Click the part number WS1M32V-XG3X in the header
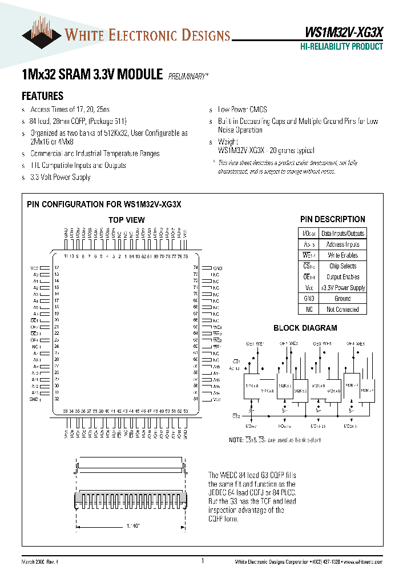[341, 34]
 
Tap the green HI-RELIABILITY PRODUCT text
[341, 47]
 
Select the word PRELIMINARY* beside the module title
[188, 75]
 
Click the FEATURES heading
[42, 96]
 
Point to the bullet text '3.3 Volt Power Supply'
[60, 177]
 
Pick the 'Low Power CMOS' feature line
[242, 109]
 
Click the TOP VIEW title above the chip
[126, 220]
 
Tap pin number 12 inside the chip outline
[57, 267]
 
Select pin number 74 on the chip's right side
[195, 267]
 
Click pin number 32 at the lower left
[57, 399]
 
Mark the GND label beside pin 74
[217, 268]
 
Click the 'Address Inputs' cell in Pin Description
[342, 244]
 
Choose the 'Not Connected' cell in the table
[342, 310]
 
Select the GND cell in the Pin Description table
[308, 299]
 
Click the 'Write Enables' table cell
[342, 255]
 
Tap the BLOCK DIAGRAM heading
[305, 328]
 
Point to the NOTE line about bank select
[275, 440]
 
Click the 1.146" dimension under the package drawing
[132, 524]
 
